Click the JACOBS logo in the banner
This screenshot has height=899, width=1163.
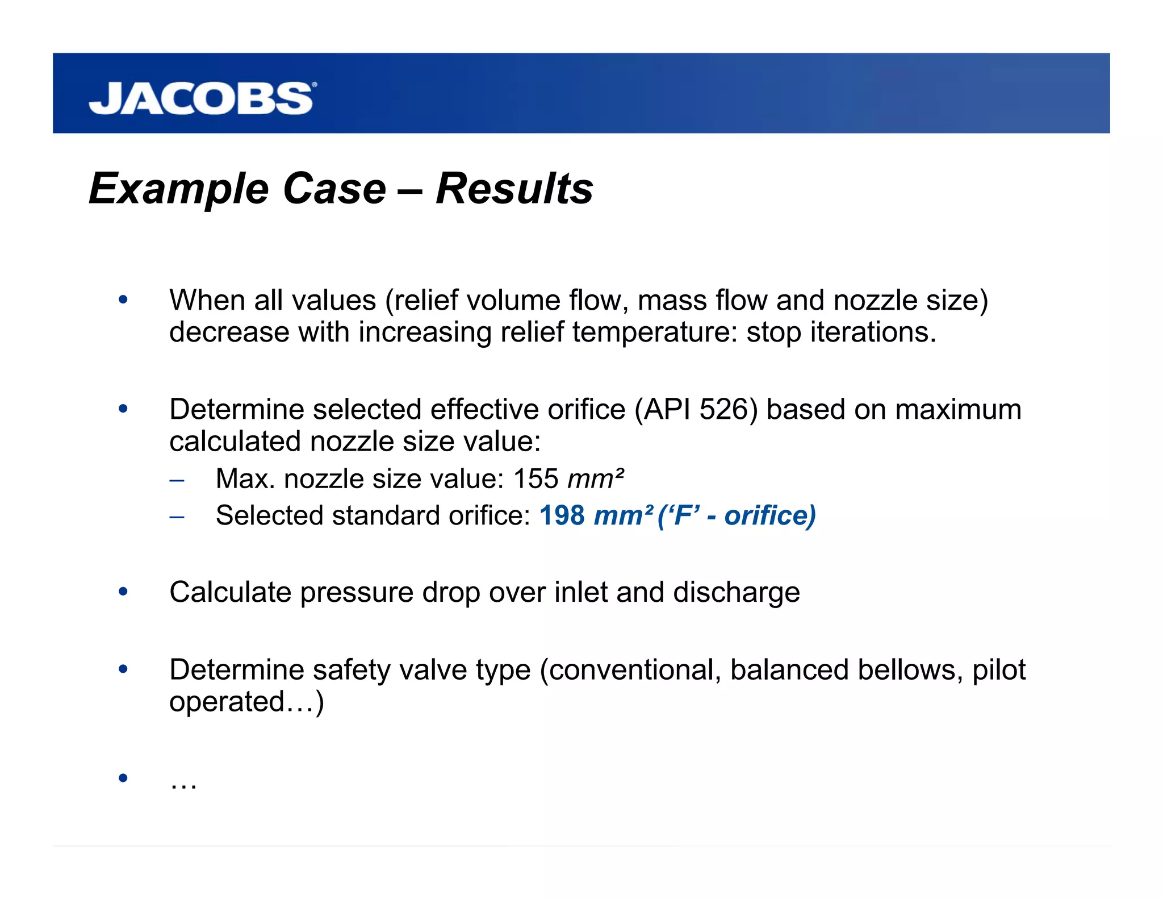tap(202, 98)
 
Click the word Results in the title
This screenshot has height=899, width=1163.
tap(514, 189)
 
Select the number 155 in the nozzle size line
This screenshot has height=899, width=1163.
tap(536, 478)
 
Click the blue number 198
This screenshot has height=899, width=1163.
tap(562, 515)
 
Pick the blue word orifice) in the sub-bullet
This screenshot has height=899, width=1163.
tap(770, 515)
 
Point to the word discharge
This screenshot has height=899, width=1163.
tap(737, 592)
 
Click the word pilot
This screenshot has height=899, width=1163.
tap(999, 669)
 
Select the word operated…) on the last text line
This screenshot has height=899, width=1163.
tap(246, 702)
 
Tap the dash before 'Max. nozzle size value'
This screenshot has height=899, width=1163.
tap(177, 480)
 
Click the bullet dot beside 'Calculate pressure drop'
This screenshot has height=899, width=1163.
tap(123, 592)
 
